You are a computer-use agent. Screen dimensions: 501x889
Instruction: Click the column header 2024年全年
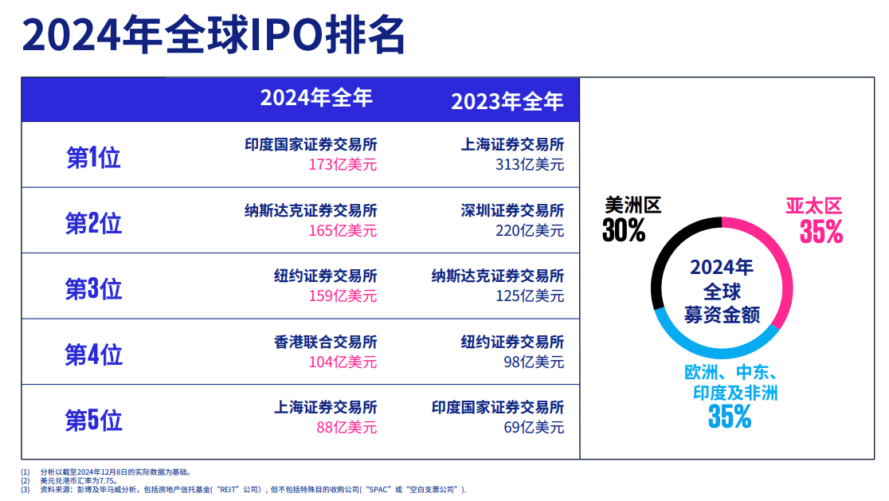pyautogui.click(x=316, y=98)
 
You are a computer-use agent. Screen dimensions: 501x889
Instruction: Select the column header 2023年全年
pyautogui.click(x=507, y=101)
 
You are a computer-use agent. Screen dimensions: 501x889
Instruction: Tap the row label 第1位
pyautogui.click(x=93, y=158)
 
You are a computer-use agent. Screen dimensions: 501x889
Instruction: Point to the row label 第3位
pyautogui.click(x=93, y=288)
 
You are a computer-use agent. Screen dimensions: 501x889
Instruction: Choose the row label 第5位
pyautogui.click(x=93, y=420)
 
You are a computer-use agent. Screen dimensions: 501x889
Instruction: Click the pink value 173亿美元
pyautogui.click(x=343, y=165)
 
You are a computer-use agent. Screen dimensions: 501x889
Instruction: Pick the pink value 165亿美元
pyautogui.click(x=343, y=231)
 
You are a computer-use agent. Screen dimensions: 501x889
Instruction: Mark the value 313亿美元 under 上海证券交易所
pyautogui.click(x=529, y=165)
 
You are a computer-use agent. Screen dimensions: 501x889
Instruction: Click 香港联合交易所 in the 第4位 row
pyautogui.click(x=325, y=342)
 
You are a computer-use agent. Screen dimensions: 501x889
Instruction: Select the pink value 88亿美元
pyautogui.click(x=347, y=427)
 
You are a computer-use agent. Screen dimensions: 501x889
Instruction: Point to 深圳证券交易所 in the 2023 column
pyautogui.click(x=511, y=210)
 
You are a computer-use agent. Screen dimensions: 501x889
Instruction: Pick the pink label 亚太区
pyautogui.click(x=813, y=207)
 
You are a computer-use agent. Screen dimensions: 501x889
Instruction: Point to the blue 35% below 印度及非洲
pyautogui.click(x=729, y=416)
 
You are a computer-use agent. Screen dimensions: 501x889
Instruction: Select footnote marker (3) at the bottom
pyautogui.click(x=25, y=490)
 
